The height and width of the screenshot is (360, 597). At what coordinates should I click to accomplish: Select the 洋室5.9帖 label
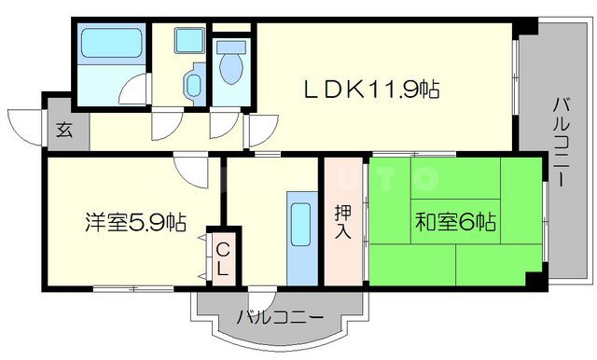[135, 222]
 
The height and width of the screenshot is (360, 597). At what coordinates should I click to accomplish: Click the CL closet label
[225, 258]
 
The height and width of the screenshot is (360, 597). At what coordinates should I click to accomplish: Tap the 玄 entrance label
[65, 132]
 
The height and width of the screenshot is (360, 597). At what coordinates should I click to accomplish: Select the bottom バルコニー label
[280, 317]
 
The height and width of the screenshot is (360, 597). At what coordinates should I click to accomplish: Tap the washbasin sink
[192, 83]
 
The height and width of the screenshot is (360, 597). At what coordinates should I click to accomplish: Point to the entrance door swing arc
[26, 121]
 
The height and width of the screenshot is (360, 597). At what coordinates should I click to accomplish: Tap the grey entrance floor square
[65, 132]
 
